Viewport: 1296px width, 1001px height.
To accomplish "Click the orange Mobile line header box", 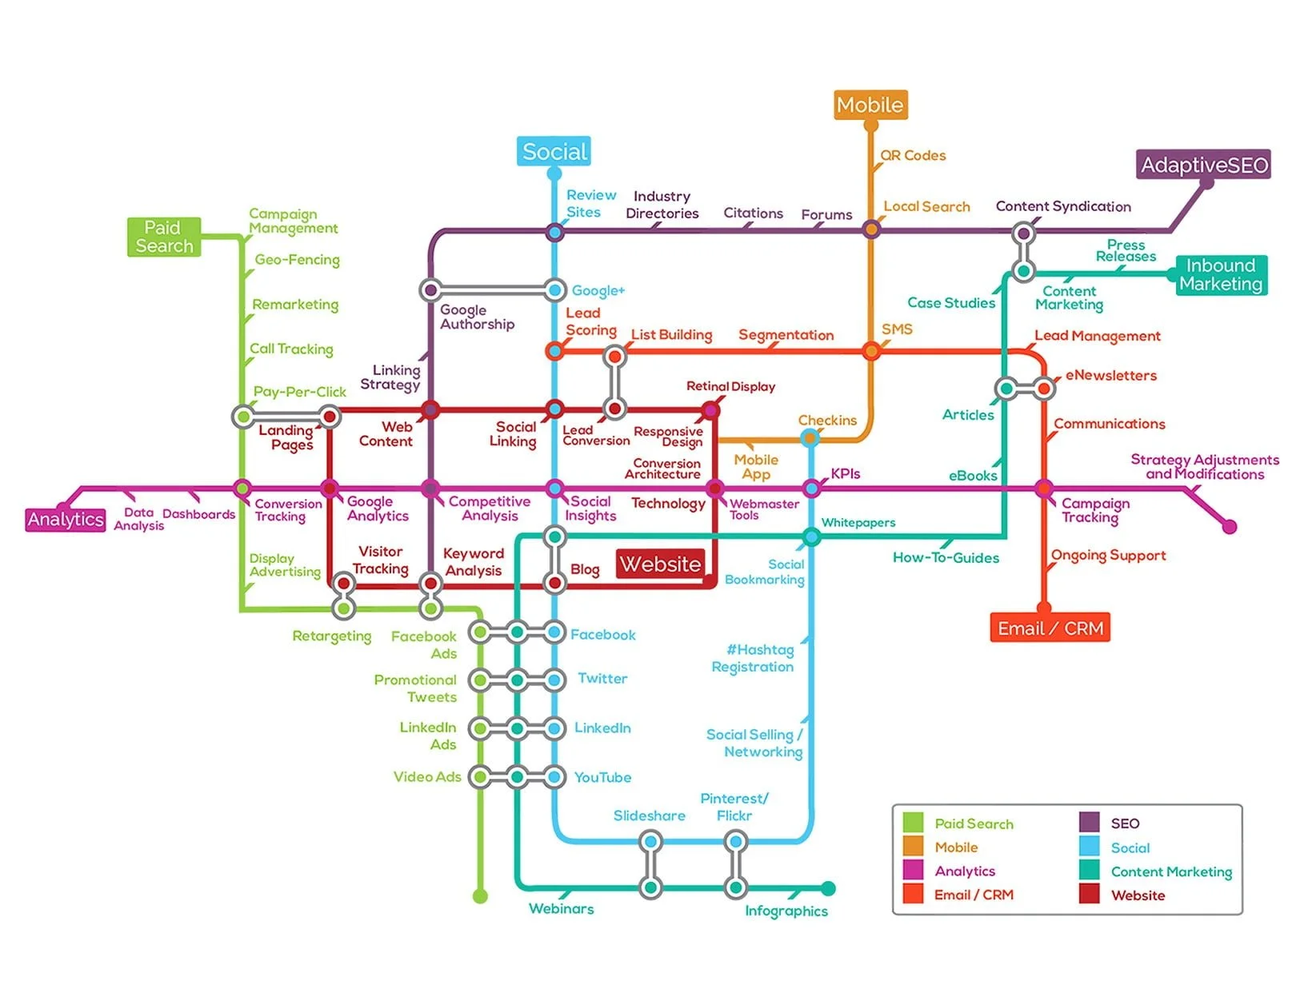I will (x=870, y=105).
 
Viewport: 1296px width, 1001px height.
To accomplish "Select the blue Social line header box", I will (x=554, y=151).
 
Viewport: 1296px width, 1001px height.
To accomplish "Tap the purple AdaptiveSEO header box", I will (x=1203, y=165).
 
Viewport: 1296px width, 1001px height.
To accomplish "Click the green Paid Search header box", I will (x=164, y=237).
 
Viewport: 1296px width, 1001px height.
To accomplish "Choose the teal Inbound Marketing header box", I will (x=1220, y=275).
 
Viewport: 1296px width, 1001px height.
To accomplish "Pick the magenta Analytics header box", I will (x=66, y=520).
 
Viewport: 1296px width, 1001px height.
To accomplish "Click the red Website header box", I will (x=661, y=564).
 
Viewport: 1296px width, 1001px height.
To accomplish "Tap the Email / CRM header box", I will (x=1050, y=628).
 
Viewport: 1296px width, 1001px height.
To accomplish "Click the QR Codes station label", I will (x=913, y=156).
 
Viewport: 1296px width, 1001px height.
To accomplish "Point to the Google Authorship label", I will (x=477, y=317).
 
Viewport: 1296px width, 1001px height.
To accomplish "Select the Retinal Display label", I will (x=730, y=387).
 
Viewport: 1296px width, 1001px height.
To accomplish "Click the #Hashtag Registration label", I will (x=754, y=658).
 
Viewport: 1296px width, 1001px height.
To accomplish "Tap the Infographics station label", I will (x=786, y=911).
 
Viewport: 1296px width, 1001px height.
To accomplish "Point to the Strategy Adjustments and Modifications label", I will (x=1204, y=467).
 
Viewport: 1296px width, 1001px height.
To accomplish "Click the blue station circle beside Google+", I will (x=554, y=289).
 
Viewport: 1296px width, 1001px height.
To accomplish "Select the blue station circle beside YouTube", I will (x=554, y=776).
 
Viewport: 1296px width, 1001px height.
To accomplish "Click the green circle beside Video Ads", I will (x=479, y=776).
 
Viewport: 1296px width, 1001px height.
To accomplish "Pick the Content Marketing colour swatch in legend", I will (x=1089, y=870).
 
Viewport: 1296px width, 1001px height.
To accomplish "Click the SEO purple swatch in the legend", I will (x=1089, y=823).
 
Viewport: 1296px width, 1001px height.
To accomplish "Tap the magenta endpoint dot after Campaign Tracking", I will (x=1230, y=526).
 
